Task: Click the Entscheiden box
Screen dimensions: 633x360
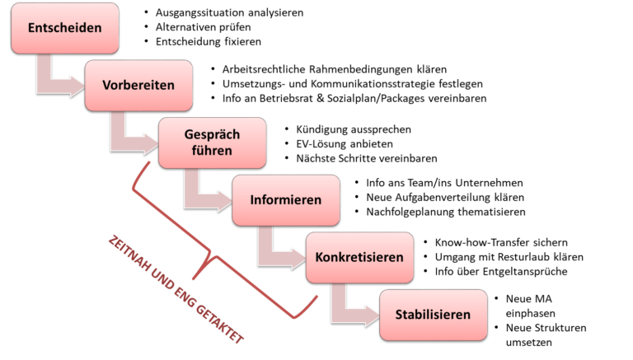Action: [x=65, y=28]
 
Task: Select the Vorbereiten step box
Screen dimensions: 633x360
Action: [x=138, y=85]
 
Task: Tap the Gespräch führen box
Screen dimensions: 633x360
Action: [x=213, y=143]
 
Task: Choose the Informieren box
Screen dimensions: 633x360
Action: [x=286, y=200]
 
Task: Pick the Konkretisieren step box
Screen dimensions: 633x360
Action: [x=359, y=257]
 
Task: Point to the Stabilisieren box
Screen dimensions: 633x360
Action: [x=434, y=315]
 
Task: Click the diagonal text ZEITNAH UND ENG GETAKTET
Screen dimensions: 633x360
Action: [x=176, y=289]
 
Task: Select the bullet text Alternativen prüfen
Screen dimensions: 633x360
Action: [x=203, y=27]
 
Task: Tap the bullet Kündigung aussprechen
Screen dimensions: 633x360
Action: [x=354, y=129]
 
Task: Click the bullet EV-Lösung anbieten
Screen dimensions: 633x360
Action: [x=345, y=144]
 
